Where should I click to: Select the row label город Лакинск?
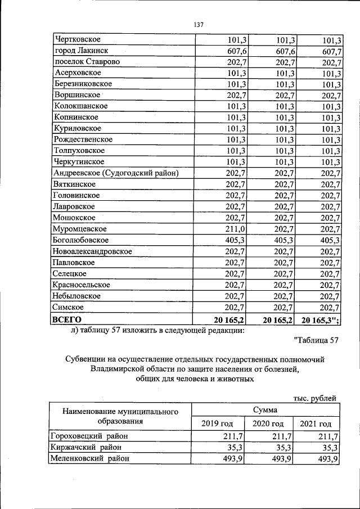click(x=82, y=51)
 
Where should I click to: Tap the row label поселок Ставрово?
click(x=87, y=62)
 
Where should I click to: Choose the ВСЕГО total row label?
click(x=66, y=319)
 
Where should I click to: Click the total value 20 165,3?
click(x=319, y=319)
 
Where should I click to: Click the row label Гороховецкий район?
click(x=89, y=436)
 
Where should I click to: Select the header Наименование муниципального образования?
click(x=120, y=417)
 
